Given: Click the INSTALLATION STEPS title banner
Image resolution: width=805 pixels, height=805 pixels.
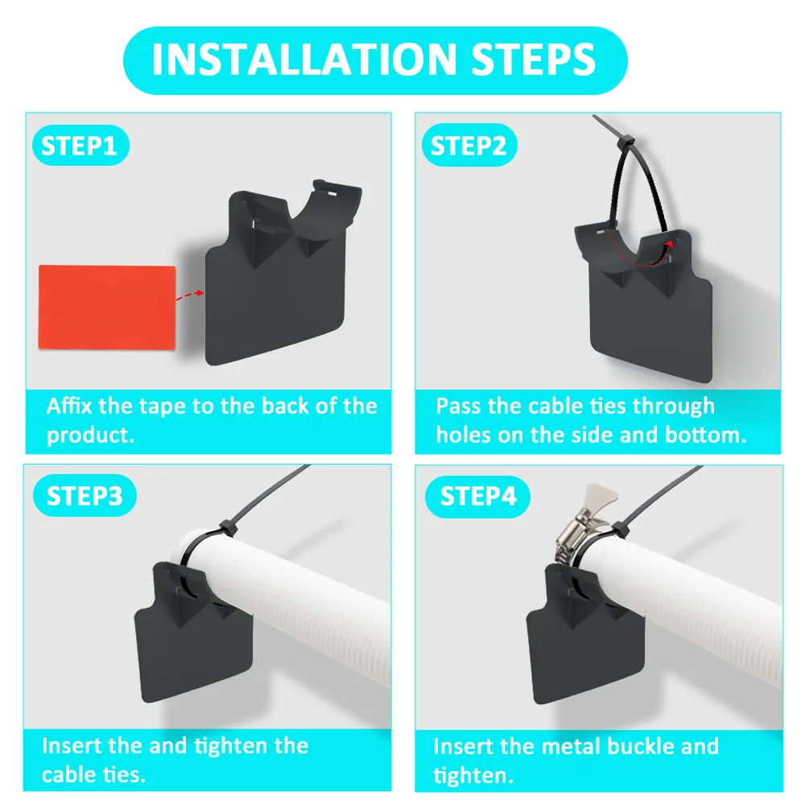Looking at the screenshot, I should [x=374, y=60].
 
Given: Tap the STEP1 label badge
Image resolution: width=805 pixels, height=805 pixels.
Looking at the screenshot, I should [x=79, y=147].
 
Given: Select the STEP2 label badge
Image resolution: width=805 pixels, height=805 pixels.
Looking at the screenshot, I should [x=469, y=147].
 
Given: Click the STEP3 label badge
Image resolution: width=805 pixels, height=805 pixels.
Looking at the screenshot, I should [x=85, y=496].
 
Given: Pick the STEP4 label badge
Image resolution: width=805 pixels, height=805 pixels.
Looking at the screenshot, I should [x=478, y=496].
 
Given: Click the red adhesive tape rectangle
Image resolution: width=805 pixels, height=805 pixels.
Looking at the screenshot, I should [x=106, y=308].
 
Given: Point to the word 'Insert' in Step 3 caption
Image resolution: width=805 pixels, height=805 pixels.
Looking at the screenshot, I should [x=69, y=745].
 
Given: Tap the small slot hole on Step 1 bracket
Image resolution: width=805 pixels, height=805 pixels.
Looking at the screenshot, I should [x=333, y=192].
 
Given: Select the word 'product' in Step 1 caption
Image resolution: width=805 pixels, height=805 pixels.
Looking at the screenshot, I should [x=87, y=436].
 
